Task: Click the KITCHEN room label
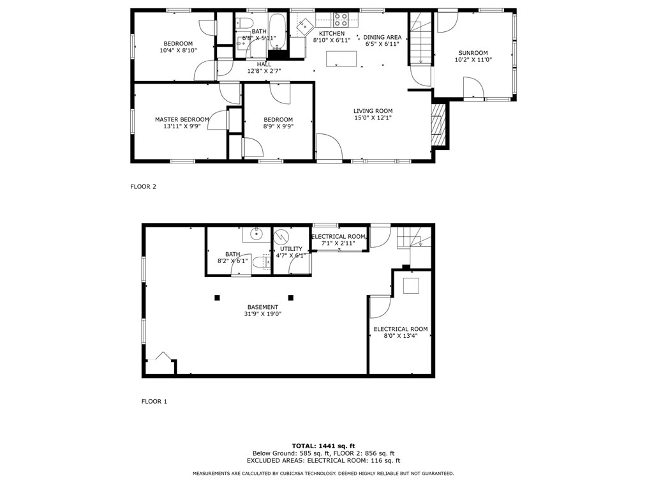[x=332, y=34]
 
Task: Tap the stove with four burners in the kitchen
[x=341, y=19]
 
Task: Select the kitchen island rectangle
[x=341, y=59]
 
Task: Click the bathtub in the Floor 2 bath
[x=278, y=29]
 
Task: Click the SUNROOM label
[x=473, y=53]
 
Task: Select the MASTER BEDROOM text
[x=182, y=119]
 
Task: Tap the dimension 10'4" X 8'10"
[x=178, y=50]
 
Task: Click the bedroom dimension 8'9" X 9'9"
[x=278, y=126]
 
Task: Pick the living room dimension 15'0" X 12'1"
[x=373, y=117]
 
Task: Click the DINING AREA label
[x=383, y=37]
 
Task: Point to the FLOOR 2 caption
[x=143, y=187]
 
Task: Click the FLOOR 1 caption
[x=154, y=402]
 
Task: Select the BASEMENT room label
[x=263, y=307]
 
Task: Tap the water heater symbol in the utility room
[x=281, y=238]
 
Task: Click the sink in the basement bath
[x=257, y=234]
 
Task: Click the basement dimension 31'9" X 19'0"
[x=263, y=314]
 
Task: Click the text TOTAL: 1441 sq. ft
[x=323, y=446]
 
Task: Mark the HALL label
[x=264, y=64]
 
